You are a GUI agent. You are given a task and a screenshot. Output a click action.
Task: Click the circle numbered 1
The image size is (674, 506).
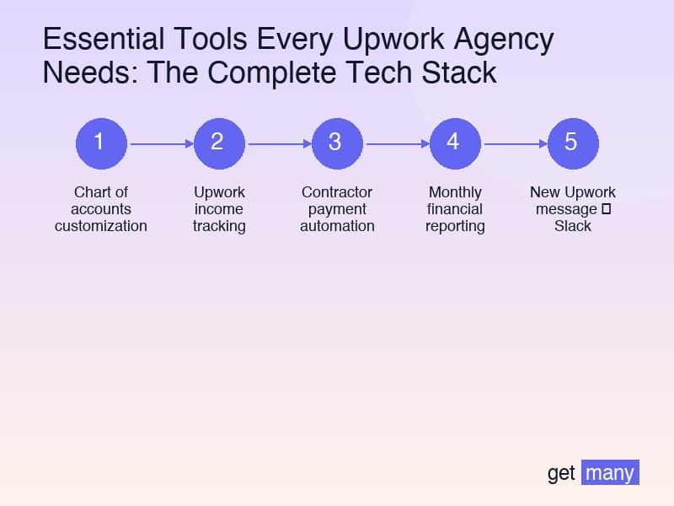(101, 143)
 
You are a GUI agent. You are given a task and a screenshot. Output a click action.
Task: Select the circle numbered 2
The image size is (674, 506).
(219, 143)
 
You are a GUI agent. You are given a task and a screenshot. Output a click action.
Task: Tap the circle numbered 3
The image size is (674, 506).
(337, 143)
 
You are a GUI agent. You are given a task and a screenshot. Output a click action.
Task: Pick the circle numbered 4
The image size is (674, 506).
(455, 143)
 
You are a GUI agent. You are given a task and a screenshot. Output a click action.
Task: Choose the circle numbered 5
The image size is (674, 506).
(573, 143)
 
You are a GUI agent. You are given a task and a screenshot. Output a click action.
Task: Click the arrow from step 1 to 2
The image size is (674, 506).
(160, 144)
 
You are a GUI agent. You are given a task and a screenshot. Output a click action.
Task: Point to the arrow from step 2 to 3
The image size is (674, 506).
(278, 144)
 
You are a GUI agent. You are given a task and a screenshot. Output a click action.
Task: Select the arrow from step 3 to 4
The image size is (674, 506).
(396, 144)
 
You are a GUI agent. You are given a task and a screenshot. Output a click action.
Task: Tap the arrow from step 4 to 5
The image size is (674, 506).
(514, 144)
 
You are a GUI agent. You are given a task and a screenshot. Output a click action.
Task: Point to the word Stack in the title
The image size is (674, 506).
(461, 73)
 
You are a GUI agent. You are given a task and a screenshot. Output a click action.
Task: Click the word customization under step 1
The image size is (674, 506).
(101, 226)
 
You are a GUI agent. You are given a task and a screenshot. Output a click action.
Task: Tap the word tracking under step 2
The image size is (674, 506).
(219, 226)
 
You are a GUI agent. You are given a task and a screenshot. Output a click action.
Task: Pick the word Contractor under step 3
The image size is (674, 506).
(337, 192)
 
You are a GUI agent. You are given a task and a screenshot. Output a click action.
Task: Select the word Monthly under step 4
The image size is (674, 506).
(455, 192)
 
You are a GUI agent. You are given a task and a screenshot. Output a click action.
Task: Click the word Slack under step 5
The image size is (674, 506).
(573, 226)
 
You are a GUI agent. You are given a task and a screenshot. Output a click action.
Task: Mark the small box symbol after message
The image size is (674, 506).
(606, 209)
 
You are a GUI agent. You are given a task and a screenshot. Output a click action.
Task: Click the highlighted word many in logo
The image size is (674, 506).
(610, 473)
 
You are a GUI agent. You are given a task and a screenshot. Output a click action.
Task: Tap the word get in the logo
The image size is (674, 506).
(561, 473)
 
